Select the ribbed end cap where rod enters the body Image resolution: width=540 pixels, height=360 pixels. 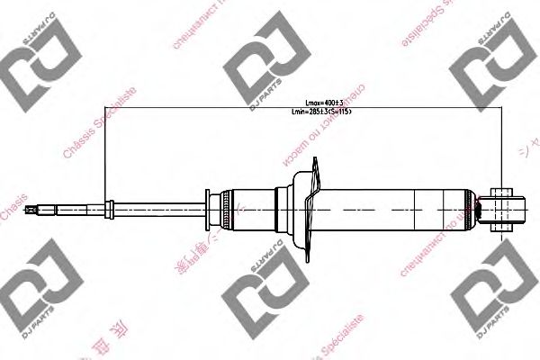point(213,209)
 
